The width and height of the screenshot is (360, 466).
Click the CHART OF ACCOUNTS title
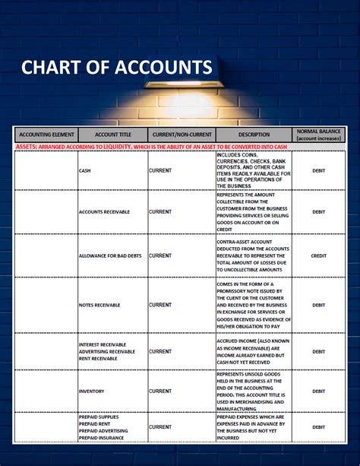pyautogui.click(x=116, y=67)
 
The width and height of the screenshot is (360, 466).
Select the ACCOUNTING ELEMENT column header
pyautogui.click(x=46, y=135)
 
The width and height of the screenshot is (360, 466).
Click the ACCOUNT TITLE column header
pyautogui.click(x=112, y=135)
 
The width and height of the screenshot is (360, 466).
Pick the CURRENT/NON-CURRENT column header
pyautogui.click(x=181, y=135)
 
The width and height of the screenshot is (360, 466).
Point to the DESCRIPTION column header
pyautogui.click(x=253, y=135)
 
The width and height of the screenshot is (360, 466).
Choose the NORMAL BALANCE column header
pyautogui.click(x=318, y=135)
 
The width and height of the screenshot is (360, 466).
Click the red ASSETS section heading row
pyautogui.click(x=152, y=146)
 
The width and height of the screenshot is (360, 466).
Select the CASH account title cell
pyautogui.click(x=85, y=170)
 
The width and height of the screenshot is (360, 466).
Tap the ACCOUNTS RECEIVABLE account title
pyautogui.click(x=105, y=211)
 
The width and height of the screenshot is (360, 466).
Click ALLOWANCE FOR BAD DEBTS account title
pyautogui.click(x=110, y=255)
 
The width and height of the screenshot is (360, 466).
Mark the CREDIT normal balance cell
pyautogui.click(x=318, y=255)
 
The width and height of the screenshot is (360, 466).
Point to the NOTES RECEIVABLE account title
pyautogui.click(x=99, y=305)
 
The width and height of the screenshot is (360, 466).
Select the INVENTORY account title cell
pyautogui.click(x=92, y=391)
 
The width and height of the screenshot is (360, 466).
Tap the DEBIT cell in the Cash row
pyautogui.click(x=318, y=170)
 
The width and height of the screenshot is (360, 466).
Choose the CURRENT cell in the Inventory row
pyautogui.click(x=160, y=391)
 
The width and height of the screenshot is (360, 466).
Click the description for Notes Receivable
pyautogui.click(x=253, y=305)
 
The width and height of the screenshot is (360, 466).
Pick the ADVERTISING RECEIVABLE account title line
pyautogui.click(x=107, y=351)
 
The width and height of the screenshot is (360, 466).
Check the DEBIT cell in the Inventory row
pyautogui.click(x=318, y=391)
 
